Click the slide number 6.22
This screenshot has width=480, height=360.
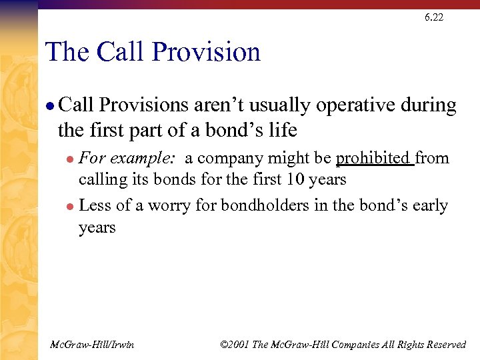click(x=433, y=17)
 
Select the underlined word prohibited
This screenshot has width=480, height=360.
click(x=373, y=159)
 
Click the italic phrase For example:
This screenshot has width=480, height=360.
click(x=127, y=159)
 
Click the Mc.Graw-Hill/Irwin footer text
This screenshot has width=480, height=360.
click(x=92, y=344)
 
